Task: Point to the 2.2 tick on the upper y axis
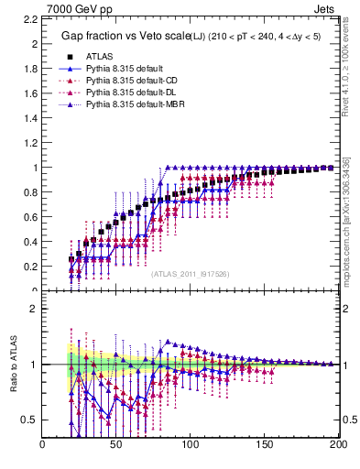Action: pyautogui.click(x=30, y=19)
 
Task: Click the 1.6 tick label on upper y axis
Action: pyautogui.click(x=30, y=93)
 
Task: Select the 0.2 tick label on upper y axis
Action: pyautogui.click(x=30, y=267)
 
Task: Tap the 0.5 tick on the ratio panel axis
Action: pyautogui.click(x=30, y=420)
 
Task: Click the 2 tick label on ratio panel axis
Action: pyautogui.click(x=34, y=309)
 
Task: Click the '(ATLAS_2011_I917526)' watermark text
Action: pyautogui.click(x=190, y=274)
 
